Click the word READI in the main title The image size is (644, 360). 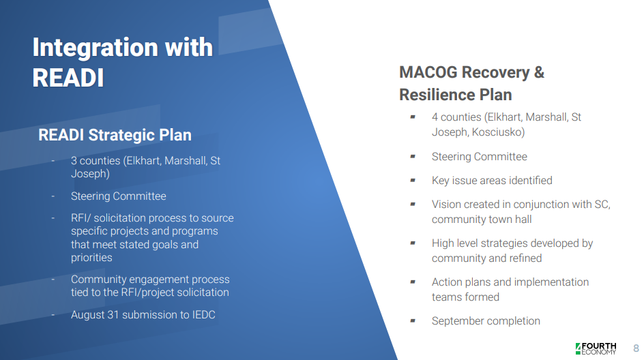[68, 78]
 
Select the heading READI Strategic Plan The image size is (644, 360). [115, 135]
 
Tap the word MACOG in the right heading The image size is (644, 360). [428, 72]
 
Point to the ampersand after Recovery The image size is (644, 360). [539, 72]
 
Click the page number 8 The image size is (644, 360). [636, 348]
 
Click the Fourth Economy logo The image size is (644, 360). [596, 348]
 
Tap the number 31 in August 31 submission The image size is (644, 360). [113, 315]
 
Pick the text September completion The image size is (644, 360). [486, 321]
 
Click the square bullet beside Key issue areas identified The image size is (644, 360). [413, 180]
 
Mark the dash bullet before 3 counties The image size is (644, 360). [53, 160]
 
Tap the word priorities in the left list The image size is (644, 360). [91, 258]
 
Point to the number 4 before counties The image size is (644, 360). [435, 117]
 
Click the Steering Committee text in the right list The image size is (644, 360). [480, 157]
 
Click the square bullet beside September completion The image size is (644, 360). [413, 320]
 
